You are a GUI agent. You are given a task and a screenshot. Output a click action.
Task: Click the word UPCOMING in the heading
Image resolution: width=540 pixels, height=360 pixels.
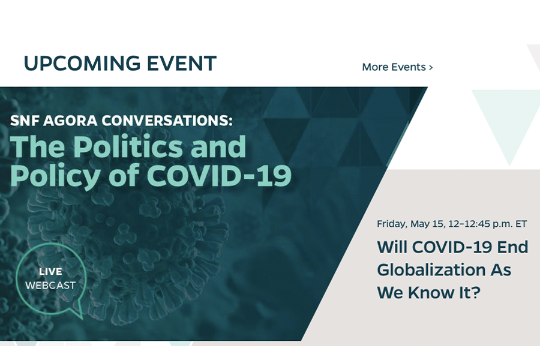[82, 64]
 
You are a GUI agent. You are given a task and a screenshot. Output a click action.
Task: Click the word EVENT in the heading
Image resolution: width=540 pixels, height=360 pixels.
[182, 64]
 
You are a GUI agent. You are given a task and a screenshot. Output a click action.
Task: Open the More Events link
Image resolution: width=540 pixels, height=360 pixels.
[397, 67]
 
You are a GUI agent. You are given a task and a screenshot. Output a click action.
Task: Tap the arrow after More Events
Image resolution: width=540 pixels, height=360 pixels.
[430, 68]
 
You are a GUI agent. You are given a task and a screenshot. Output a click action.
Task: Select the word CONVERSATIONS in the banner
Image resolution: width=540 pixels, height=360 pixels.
[167, 121]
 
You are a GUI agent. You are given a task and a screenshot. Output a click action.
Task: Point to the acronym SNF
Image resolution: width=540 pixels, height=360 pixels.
[25, 121]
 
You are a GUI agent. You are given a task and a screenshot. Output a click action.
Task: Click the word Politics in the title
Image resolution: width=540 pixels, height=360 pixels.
[128, 146]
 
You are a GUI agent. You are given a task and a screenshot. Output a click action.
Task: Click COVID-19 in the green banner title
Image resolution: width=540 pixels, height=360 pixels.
[219, 175]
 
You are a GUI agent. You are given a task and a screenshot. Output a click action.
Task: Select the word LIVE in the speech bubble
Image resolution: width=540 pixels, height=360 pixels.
[50, 271]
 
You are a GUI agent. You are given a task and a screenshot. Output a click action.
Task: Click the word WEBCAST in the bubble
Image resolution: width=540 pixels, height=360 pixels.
[50, 285]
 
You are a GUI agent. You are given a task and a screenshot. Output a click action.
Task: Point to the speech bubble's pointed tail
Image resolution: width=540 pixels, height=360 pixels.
[81, 317]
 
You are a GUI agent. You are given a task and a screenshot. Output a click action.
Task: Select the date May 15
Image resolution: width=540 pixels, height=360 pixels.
[428, 224]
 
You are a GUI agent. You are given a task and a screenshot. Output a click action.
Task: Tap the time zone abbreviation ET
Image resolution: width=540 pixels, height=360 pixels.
[521, 224]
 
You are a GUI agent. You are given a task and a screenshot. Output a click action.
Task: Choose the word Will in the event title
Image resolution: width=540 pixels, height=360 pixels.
[392, 247]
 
